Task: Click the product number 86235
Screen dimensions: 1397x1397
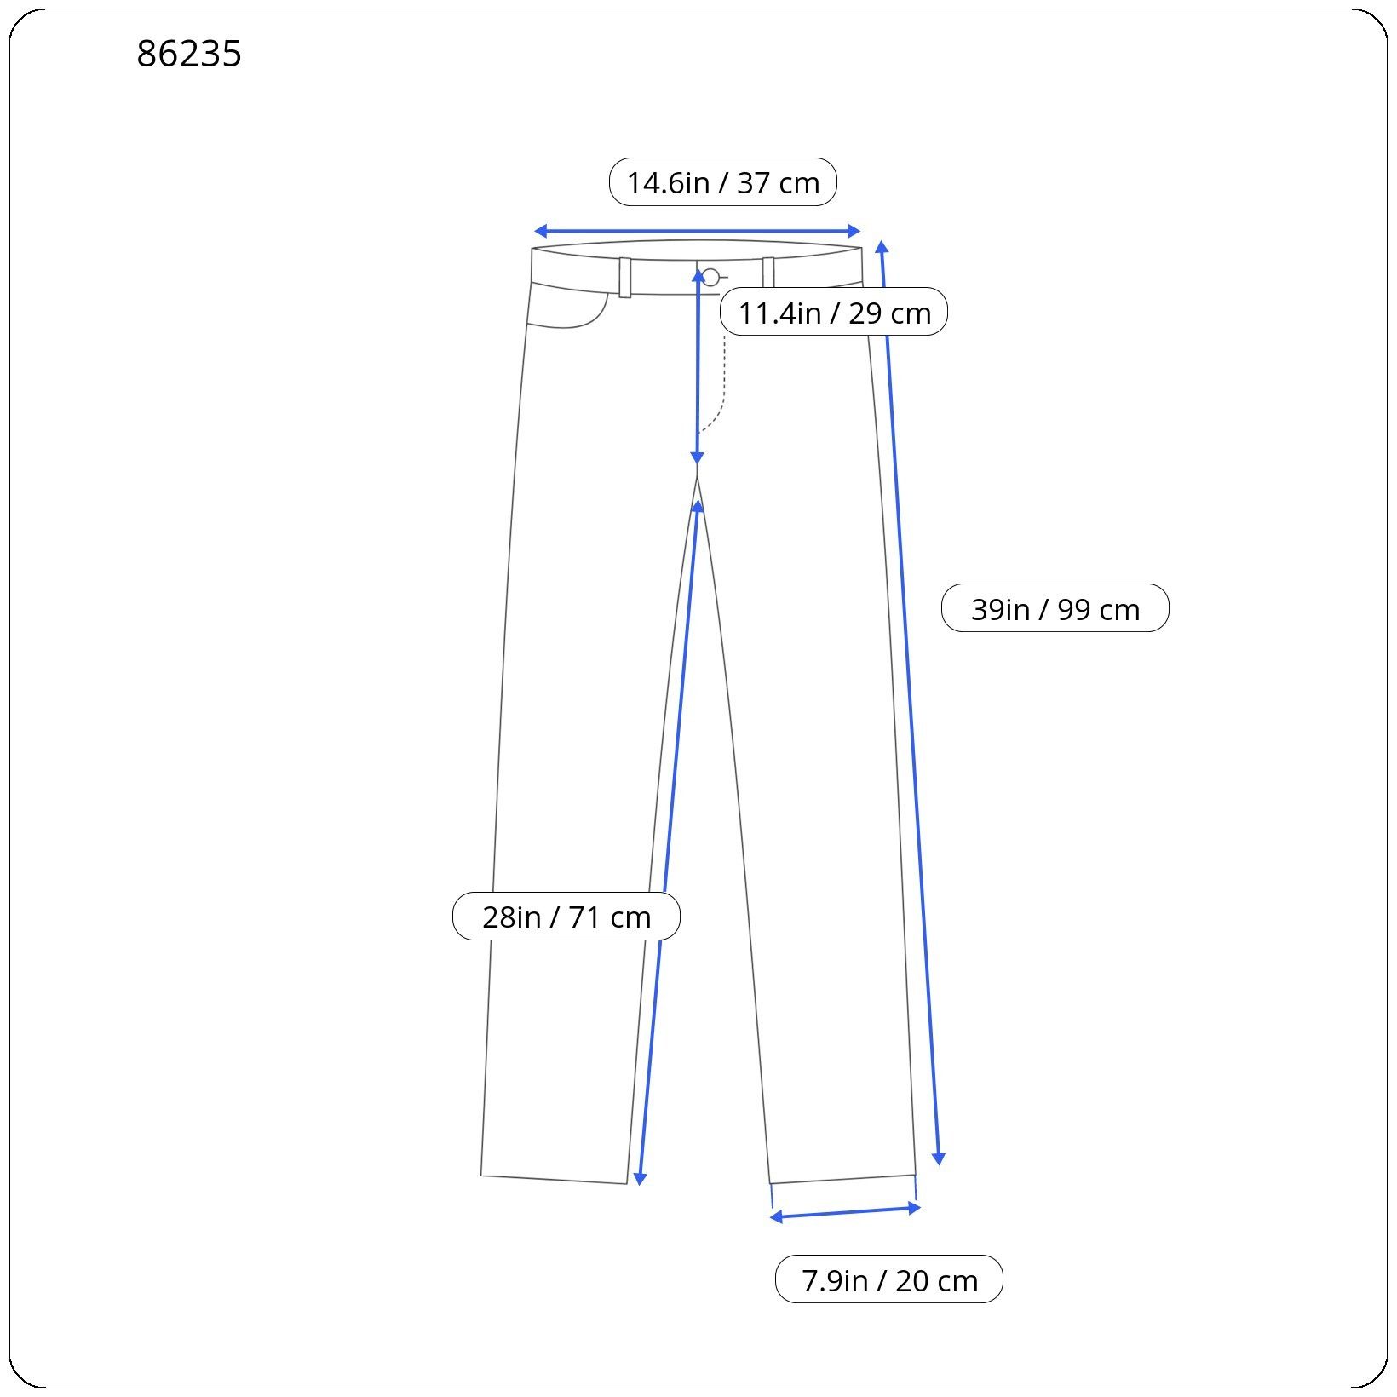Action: tap(189, 55)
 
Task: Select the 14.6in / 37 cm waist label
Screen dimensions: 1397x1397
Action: tap(723, 182)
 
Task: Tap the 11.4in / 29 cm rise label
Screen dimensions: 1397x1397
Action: tap(834, 313)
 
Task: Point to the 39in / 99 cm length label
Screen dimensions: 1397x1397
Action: tap(1055, 608)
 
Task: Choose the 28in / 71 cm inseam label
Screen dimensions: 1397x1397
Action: tap(566, 917)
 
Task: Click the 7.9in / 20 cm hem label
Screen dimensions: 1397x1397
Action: tap(889, 1279)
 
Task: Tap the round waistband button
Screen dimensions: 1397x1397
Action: tap(710, 277)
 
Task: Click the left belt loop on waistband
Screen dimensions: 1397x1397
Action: tap(625, 278)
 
